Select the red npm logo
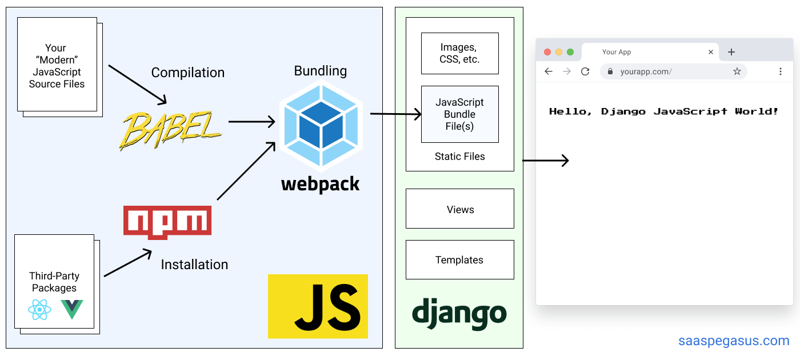167,222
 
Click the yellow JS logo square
318,306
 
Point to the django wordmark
459,313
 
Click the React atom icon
39,310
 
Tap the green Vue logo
72,309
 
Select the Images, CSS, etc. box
459,53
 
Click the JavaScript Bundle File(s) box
459,114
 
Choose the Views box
459,209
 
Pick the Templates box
459,260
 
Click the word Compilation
187,73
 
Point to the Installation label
194,265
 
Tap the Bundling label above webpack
320,71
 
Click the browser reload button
585,71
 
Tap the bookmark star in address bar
737,71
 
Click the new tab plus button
731,52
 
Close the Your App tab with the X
711,52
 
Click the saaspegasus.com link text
734,341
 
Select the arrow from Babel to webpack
251,121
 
